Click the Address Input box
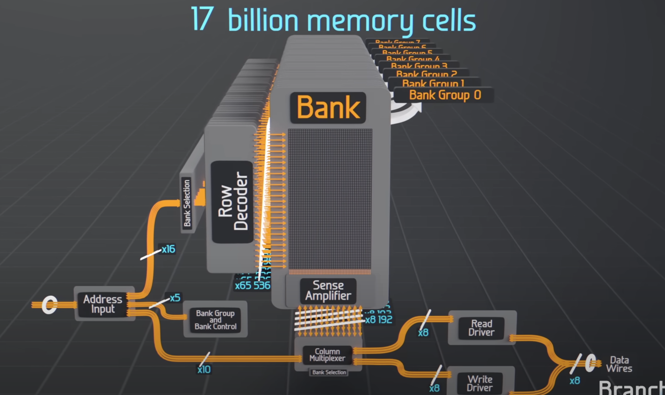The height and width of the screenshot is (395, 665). pyautogui.click(x=103, y=304)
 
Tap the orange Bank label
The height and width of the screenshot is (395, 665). pyautogui.click(x=328, y=107)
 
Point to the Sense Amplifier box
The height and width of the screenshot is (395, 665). pyautogui.click(x=328, y=291)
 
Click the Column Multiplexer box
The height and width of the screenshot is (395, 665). pyautogui.click(x=328, y=355)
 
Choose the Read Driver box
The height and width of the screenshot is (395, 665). pyautogui.click(x=481, y=328)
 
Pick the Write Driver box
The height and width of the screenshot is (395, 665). pyautogui.click(x=480, y=383)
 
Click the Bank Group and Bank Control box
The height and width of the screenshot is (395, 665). pyautogui.click(x=215, y=320)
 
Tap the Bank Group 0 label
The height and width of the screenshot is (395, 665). pyautogui.click(x=444, y=95)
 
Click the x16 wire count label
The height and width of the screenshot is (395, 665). pyautogui.click(x=168, y=249)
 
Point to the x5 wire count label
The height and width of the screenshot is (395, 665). pyautogui.click(x=175, y=298)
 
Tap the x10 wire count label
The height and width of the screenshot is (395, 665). pyautogui.click(x=204, y=369)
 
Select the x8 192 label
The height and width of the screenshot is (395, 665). pyautogui.click(x=379, y=320)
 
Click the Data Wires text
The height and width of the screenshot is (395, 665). pyautogui.click(x=619, y=364)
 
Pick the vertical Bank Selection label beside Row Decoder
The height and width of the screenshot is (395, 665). pyautogui.click(x=187, y=203)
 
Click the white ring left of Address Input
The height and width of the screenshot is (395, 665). pyautogui.click(x=49, y=305)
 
